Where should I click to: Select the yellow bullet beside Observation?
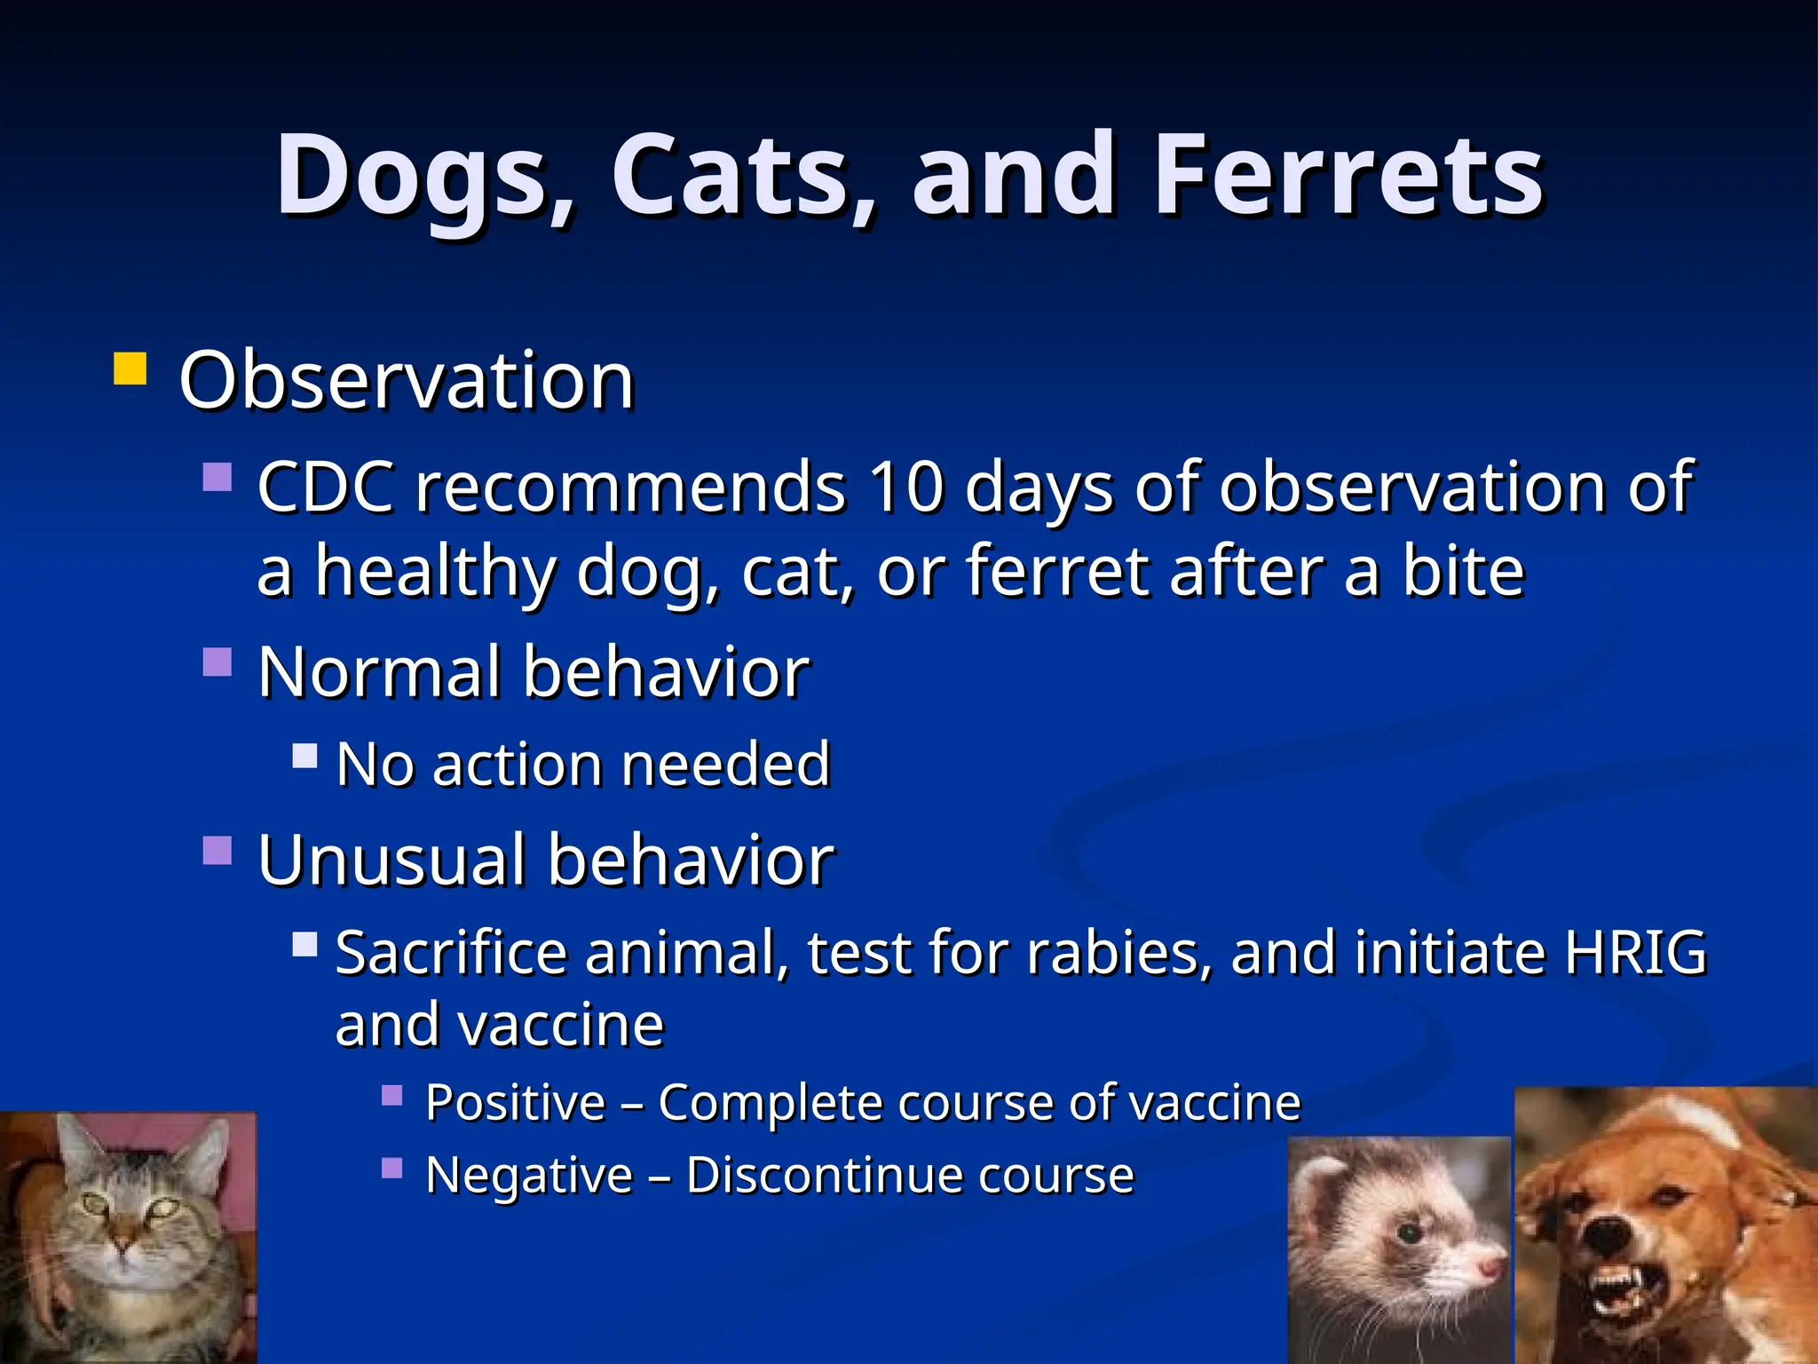[x=130, y=369]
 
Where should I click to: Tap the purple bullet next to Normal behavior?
[x=217, y=662]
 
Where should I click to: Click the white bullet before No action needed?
[x=304, y=756]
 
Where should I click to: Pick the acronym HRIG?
[x=1634, y=953]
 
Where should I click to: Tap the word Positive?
[x=515, y=1103]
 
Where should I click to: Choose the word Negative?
[x=528, y=1176]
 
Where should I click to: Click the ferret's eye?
[x=1409, y=1233]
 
